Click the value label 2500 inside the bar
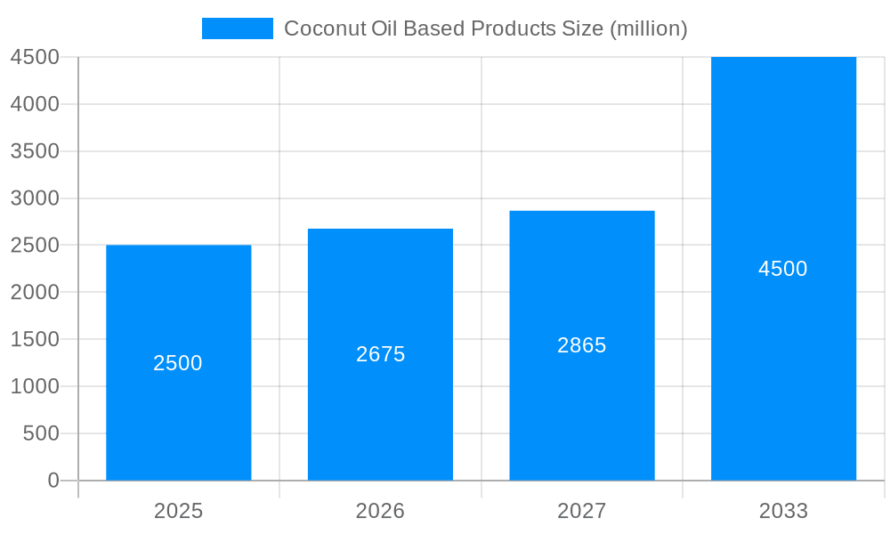point(178,363)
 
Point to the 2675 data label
point(380,354)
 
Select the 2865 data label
point(582,345)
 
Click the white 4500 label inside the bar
point(783,269)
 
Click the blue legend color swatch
point(237,28)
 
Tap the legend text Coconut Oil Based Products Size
point(485,28)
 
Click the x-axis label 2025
point(178,511)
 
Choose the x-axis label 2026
point(380,511)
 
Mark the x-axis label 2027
point(582,511)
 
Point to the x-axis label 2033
point(783,511)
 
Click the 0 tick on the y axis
point(53,481)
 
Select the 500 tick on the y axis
point(41,433)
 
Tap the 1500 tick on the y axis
point(35,339)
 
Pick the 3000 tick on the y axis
point(35,198)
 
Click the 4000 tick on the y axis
point(35,104)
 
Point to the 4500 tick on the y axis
point(35,57)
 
